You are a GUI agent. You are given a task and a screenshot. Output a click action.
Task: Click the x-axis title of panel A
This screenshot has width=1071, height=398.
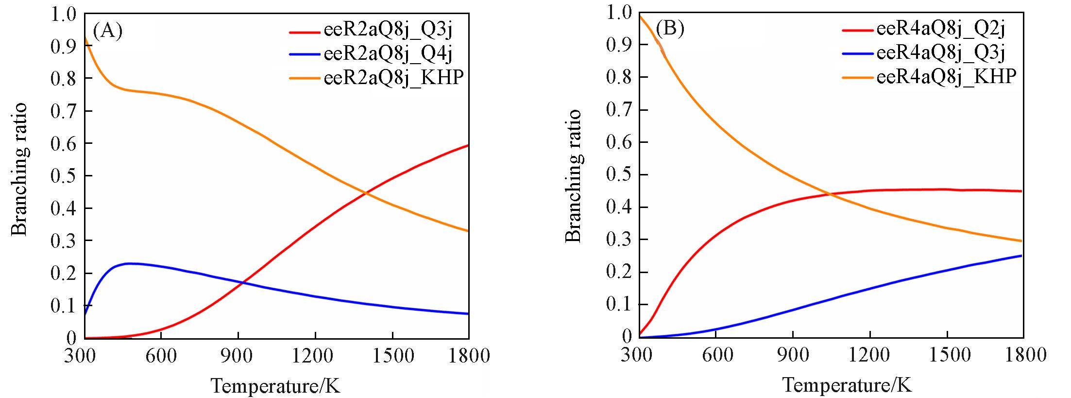[x=275, y=386]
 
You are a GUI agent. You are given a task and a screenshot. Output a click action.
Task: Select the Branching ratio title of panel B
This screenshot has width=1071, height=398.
[x=574, y=175]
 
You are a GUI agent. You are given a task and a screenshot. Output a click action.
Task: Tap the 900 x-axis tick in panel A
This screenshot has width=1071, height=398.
[x=238, y=356]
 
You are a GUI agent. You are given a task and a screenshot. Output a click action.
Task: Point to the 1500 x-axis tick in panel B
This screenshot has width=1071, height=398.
[x=950, y=355]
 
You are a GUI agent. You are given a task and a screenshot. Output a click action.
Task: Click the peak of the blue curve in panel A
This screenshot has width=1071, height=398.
[x=129, y=263]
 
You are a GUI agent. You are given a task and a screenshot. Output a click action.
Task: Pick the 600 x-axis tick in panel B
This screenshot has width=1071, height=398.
[x=717, y=355]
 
